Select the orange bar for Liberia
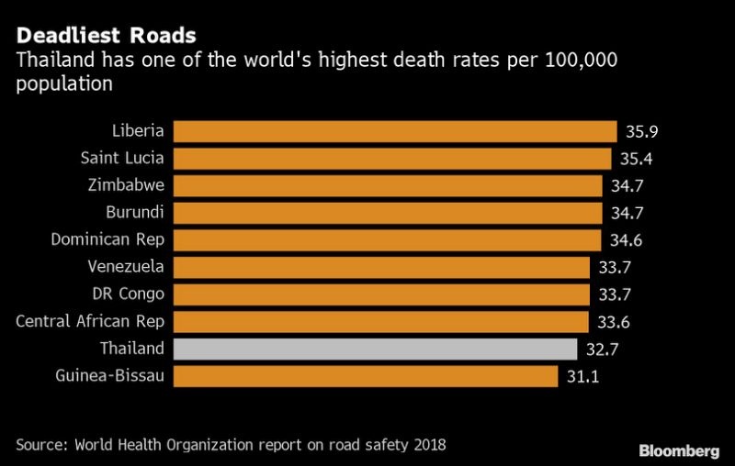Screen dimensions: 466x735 click(394, 131)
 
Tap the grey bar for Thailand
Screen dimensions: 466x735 click(375, 349)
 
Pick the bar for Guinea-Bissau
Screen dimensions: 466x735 click(365, 376)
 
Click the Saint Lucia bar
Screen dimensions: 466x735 click(391, 159)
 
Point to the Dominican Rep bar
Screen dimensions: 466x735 click(388, 240)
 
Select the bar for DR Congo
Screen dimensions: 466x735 click(381, 294)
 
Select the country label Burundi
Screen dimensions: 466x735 click(135, 213)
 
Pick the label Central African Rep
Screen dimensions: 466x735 click(91, 322)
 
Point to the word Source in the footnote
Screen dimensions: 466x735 click(38, 445)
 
